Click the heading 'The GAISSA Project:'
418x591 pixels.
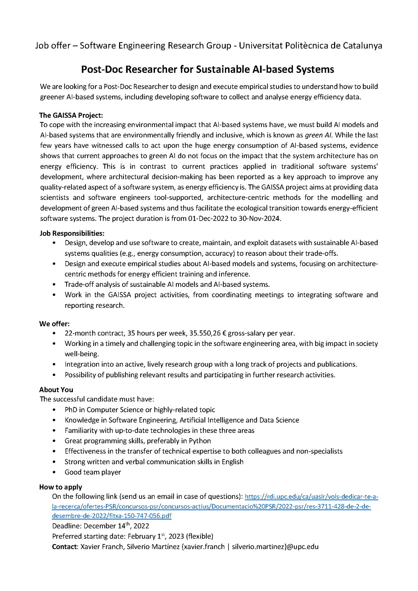[71, 115]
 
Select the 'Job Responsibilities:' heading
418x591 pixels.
[72, 233]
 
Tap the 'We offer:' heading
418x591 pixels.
[54, 324]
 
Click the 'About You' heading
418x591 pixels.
[56, 390]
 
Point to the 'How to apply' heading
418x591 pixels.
[60, 487]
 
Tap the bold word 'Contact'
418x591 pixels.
[65, 547]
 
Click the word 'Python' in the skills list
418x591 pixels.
[200, 441]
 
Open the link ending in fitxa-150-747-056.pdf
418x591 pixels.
[111, 516]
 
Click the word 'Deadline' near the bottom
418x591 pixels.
[67, 526]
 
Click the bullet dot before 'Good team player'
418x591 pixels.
[54, 472]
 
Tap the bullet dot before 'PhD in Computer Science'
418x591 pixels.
[54, 410]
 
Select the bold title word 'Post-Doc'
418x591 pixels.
[102, 69]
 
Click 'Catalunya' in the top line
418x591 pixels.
[362, 46]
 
